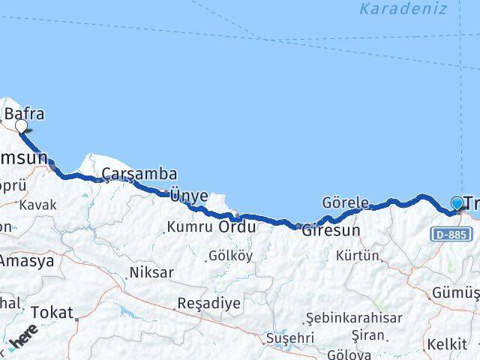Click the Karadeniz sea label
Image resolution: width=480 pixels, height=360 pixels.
pyautogui.click(x=403, y=9)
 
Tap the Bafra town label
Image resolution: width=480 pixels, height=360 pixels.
pyautogui.click(x=25, y=114)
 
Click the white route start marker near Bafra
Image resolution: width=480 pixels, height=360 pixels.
pyautogui.click(x=22, y=127)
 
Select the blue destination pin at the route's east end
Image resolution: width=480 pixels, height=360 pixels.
pyautogui.click(x=457, y=203)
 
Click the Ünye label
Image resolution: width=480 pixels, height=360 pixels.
pyautogui.click(x=189, y=196)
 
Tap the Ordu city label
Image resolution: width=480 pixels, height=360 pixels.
pyautogui.click(x=237, y=226)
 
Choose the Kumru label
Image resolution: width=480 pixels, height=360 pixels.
pyautogui.click(x=191, y=226)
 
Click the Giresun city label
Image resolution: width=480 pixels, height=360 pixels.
pyautogui.click(x=331, y=230)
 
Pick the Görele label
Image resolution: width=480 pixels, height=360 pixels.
pyautogui.click(x=345, y=202)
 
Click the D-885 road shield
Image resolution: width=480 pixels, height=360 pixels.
pyautogui.click(x=452, y=235)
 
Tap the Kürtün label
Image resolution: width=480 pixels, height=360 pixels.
pyautogui.click(x=358, y=256)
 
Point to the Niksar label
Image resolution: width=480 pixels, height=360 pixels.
pyautogui.click(x=151, y=271)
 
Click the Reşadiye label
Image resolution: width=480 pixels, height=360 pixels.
pyautogui.click(x=198, y=304)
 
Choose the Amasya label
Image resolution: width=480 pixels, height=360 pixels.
pyautogui.click(x=27, y=261)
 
